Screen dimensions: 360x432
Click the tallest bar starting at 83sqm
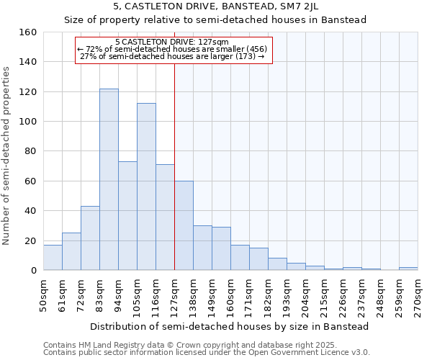pyautogui.click(x=109, y=180)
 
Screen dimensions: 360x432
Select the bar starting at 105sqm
pyautogui.click(x=146, y=187)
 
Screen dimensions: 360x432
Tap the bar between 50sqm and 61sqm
pyautogui.click(x=53, y=258)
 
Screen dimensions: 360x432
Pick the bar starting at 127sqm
pyautogui.click(x=184, y=226)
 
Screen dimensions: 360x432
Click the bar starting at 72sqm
pyautogui.click(x=90, y=238)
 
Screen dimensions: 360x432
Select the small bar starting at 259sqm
pyautogui.click(x=408, y=269)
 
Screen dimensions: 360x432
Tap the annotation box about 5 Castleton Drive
pyautogui.click(x=174, y=50)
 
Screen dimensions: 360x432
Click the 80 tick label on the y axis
pyautogui.click(x=31, y=151)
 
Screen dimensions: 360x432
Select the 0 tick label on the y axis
pyautogui.click(x=34, y=271)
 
